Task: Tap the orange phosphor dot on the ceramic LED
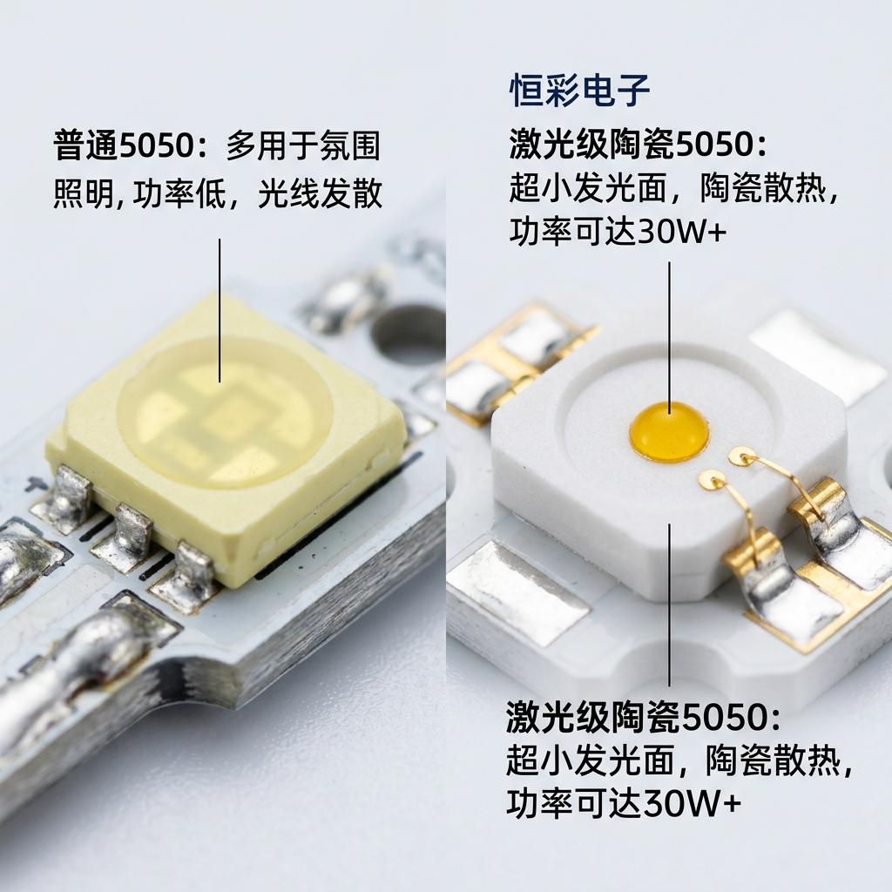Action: click(x=669, y=432)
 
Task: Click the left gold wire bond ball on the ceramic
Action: click(x=711, y=479)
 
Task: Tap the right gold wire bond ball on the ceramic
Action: click(x=742, y=455)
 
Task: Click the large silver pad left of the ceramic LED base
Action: click(x=519, y=592)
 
